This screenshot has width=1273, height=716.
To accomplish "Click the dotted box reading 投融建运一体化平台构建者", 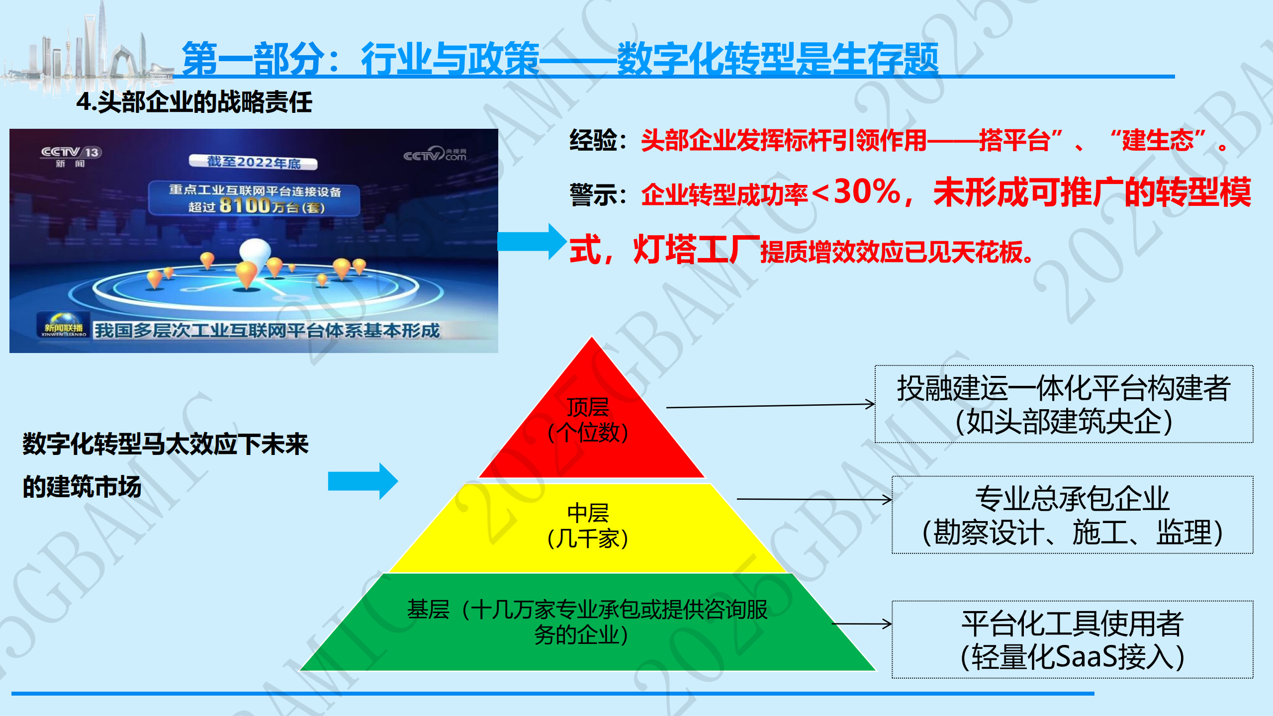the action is tap(1064, 404).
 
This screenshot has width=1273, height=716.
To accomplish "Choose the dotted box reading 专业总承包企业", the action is tap(1073, 515).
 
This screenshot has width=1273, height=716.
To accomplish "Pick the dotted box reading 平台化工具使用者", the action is tap(1073, 639).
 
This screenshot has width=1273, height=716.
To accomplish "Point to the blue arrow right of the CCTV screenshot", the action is tap(532, 242).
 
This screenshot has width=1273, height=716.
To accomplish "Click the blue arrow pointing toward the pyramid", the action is tap(363, 481).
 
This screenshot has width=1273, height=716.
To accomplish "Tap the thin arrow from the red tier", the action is tap(771, 406).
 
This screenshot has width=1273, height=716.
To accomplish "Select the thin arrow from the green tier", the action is tap(862, 624).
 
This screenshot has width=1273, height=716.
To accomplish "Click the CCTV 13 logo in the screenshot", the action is tap(71, 156).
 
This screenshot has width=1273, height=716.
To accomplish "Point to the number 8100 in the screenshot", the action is tap(245, 205).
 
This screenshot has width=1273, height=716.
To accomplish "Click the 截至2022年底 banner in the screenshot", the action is tap(253, 162).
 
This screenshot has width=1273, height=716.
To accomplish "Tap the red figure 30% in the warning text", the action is tap(867, 191).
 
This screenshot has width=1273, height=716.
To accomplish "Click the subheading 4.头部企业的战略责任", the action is tap(194, 102).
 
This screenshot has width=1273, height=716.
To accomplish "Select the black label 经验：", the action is tap(599, 140).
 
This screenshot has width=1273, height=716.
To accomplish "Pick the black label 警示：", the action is tap(599, 194).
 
